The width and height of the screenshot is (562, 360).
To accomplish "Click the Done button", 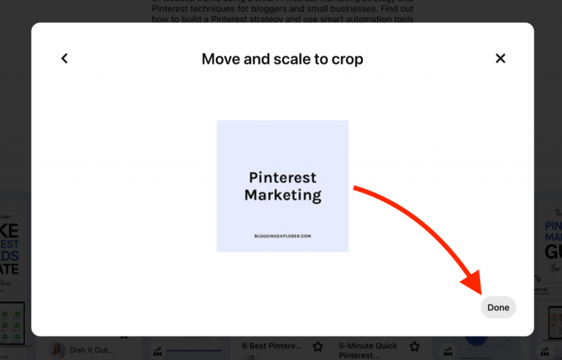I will [x=498, y=307].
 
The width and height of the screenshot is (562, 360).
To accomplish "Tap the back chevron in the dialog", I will [x=64, y=59].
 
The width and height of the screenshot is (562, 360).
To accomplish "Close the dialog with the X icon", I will [x=501, y=59].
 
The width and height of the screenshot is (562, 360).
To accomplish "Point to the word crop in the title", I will [x=345, y=59].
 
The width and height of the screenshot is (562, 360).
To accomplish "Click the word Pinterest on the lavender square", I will [x=282, y=178].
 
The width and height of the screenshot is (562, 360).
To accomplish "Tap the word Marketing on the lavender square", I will [x=282, y=195].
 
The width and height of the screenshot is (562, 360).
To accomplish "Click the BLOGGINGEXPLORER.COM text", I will [x=282, y=236].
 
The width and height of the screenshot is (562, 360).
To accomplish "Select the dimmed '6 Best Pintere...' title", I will [x=271, y=345].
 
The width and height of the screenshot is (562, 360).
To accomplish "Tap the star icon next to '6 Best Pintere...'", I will [x=318, y=346].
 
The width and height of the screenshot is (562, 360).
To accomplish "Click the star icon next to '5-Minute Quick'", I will [x=414, y=346].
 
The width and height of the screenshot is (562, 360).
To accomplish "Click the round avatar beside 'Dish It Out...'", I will [x=57, y=350].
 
